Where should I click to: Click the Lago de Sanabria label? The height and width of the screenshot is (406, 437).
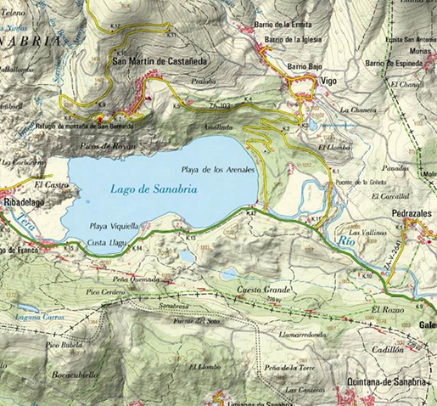[x=154, y=190]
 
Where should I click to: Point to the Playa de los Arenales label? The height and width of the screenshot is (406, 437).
[x=218, y=168]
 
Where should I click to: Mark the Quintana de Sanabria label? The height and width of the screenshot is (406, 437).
[x=386, y=381]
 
